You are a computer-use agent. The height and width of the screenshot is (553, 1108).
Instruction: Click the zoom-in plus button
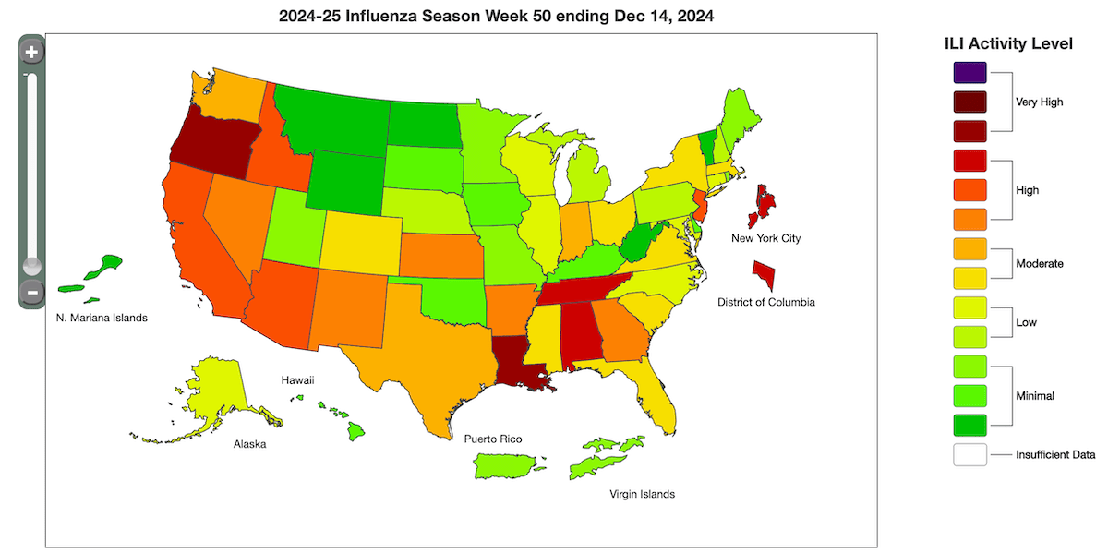point(31,53)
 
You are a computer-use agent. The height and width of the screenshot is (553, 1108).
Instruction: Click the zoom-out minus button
point(31,294)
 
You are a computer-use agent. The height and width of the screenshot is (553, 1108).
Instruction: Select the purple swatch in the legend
point(969,72)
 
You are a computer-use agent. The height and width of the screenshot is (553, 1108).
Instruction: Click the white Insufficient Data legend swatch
point(969,455)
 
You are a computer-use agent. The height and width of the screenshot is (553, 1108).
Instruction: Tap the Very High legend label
point(1039,102)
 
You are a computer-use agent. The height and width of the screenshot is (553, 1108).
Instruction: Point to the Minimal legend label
point(1034,395)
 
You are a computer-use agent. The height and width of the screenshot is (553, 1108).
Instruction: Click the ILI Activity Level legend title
point(1007,43)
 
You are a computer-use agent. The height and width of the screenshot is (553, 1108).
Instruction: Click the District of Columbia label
point(766,302)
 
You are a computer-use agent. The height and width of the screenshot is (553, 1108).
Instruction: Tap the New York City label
point(765,238)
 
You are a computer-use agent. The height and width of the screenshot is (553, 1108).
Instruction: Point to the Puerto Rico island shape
point(507,466)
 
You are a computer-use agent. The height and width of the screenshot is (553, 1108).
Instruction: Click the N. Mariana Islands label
point(96,318)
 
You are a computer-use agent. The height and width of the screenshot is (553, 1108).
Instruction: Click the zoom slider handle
point(31,265)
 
